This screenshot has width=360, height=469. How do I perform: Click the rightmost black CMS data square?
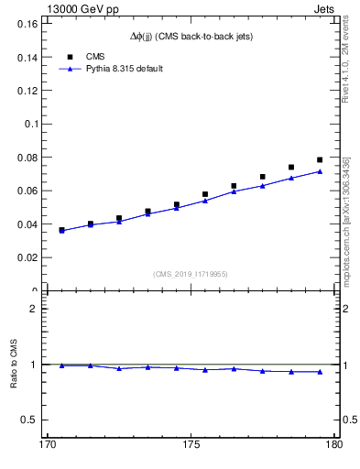coord(320,159)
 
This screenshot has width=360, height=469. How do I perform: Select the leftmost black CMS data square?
coord(61,230)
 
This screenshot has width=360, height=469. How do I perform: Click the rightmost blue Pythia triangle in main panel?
coord(320,171)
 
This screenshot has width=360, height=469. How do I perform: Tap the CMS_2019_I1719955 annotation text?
coord(190,273)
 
